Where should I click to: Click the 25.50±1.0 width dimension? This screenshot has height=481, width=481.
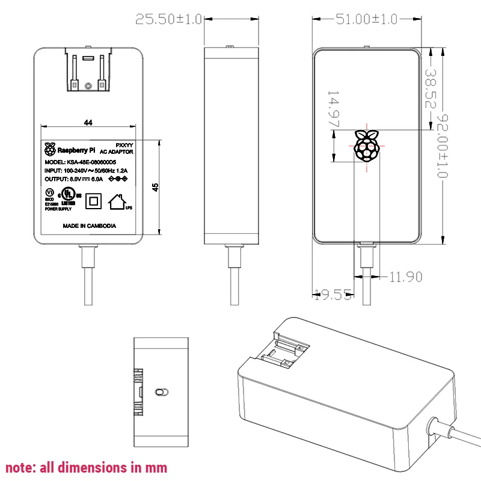(x=168, y=19)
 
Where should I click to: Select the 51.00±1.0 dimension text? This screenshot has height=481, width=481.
(x=366, y=19)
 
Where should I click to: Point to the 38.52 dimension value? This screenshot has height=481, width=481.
(x=430, y=88)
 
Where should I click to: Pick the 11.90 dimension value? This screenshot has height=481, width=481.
(x=406, y=277)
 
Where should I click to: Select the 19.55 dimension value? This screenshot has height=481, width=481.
(x=332, y=295)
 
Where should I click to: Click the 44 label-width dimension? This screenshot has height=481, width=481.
(x=88, y=123)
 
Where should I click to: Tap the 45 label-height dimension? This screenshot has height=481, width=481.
(x=155, y=187)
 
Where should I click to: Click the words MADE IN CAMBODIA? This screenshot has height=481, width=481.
(x=90, y=226)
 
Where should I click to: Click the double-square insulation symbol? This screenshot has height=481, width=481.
(x=93, y=200)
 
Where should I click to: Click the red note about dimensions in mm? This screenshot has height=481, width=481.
(x=87, y=467)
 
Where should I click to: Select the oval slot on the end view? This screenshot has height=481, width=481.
(x=161, y=392)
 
